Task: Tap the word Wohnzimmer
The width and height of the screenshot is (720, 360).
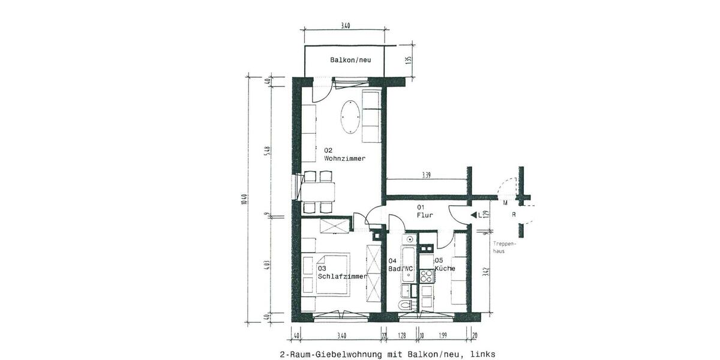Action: (344, 158)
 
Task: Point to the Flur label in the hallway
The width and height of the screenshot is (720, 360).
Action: (425, 215)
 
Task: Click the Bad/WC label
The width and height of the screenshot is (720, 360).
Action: (401, 268)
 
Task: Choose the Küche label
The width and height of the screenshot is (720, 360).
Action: (445, 268)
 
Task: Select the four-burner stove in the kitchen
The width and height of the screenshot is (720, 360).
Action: (427, 276)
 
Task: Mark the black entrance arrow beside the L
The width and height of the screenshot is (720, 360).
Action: (473, 214)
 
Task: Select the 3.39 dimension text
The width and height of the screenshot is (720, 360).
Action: (426, 175)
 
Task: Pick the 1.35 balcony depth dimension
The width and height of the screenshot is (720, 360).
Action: (409, 60)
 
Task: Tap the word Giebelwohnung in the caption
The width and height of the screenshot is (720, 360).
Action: (354, 354)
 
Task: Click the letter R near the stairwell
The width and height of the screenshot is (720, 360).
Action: (514, 214)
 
